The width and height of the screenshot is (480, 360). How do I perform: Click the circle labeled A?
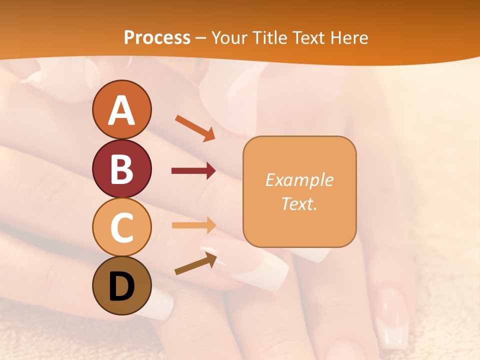pos(121,109)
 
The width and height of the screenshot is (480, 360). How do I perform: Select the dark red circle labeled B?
pos(121,168)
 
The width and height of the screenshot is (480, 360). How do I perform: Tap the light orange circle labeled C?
pos(121,227)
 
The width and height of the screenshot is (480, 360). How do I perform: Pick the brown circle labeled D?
pos(121,285)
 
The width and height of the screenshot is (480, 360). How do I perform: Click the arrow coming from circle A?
pos(195,128)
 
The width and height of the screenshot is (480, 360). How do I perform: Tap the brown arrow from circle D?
pos(195,263)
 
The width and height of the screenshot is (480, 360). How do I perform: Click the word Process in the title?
pos(157,37)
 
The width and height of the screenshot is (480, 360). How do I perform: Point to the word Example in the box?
pos(299,180)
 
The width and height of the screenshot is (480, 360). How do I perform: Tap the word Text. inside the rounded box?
pos(299,203)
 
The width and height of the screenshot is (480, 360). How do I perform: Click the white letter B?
pos(121,169)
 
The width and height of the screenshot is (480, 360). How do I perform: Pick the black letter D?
pos(121,286)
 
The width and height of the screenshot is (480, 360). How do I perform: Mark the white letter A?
pos(121,110)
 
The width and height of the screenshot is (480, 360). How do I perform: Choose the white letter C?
pos(121,228)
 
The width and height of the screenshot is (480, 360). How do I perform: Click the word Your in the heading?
pos(230,37)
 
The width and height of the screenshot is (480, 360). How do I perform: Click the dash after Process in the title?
pos(201,38)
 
